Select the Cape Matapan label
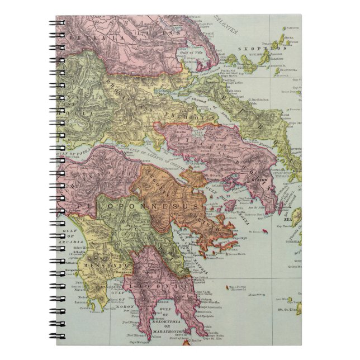tap(150, 341)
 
